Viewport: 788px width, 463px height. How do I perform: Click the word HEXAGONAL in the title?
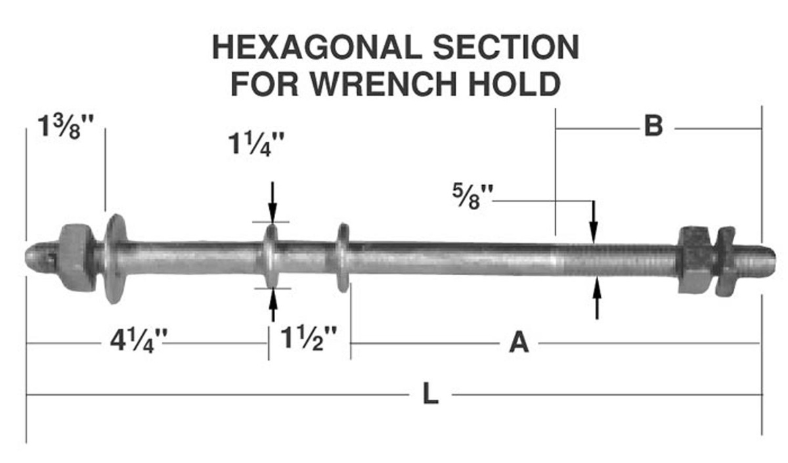point(317,47)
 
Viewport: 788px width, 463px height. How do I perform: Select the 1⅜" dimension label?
point(66,127)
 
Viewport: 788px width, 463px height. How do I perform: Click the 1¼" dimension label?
point(256,144)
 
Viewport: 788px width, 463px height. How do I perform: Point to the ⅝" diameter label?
point(473,197)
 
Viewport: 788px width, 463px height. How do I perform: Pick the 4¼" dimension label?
point(139,341)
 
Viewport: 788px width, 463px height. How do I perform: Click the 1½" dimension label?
point(309,338)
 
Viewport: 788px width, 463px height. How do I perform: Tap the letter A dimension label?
point(519,343)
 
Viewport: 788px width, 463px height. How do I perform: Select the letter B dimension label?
point(653,126)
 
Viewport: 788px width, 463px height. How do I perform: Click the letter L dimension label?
point(430,394)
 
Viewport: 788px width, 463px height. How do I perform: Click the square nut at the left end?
point(76,258)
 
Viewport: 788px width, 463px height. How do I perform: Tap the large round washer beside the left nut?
point(116,259)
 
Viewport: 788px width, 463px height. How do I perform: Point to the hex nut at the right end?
point(695,259)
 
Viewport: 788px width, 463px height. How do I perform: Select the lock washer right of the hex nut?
point(725,261)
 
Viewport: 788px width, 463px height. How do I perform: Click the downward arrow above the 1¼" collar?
point(273,202)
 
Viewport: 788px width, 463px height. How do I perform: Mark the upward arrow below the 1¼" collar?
point(273,305)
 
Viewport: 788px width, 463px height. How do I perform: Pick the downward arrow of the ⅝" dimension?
point(594,222)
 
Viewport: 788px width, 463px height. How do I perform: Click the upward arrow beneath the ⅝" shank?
point(597,298)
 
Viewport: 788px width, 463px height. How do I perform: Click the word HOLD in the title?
point(515,84)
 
